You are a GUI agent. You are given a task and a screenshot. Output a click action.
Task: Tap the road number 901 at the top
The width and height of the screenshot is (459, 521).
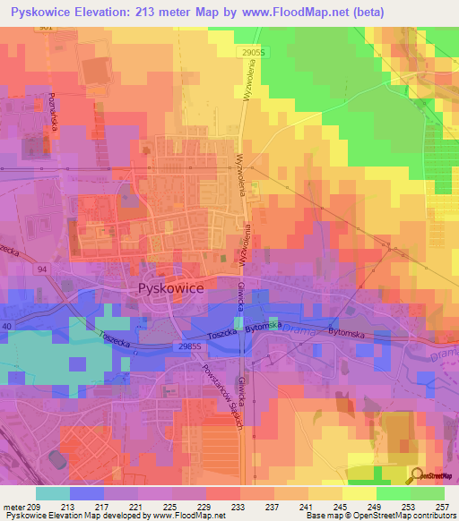47,28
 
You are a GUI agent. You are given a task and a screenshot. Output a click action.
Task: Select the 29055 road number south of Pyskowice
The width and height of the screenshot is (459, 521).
188,346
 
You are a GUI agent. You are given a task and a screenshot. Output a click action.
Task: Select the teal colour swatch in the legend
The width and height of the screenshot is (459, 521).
52,493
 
